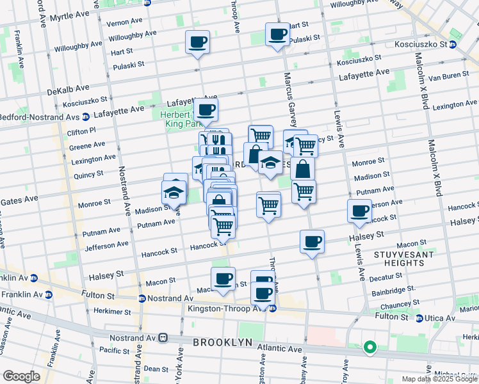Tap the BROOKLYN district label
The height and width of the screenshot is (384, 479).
click(222, 342)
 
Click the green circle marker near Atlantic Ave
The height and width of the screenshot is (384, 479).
click(369, 348)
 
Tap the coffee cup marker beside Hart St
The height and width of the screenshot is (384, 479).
click(277, 35)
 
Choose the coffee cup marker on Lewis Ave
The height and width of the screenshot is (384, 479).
click(359, 211)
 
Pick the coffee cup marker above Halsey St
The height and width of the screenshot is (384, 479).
click(312, 241)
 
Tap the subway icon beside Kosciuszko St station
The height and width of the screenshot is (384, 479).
click(452, 45)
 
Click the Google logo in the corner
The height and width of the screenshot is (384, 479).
click(21, 376)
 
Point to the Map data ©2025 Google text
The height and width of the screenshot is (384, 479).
click(439, 379)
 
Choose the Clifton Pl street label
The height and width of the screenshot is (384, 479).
click(81, 131)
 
